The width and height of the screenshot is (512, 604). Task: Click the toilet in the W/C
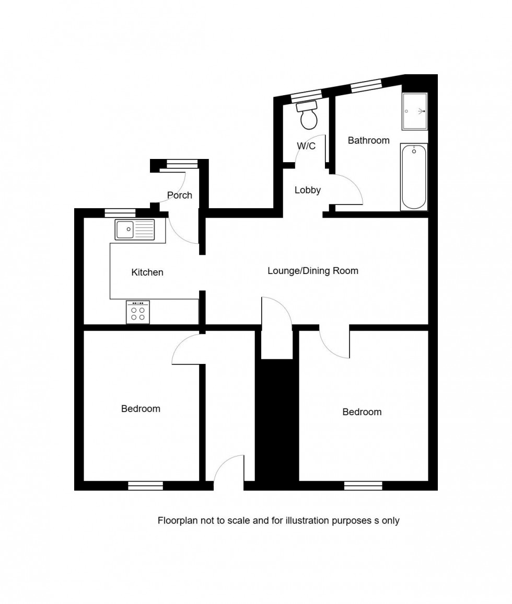pos(308,117)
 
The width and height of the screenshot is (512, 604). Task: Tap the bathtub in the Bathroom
pos(414,177)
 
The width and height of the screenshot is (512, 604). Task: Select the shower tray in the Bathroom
pos(415,111)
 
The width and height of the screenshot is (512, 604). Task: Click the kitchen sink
pos(135,229)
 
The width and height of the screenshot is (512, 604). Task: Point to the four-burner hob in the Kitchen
pos(138,312)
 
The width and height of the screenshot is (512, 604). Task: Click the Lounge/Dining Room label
pos(313,271)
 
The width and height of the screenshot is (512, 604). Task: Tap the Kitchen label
pos(147,272)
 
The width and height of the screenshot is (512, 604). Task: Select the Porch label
pos(180,195)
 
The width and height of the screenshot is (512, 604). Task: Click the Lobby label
pos(307,190)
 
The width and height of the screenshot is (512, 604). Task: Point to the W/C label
pos(306,146)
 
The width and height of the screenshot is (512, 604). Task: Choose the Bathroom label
pos(369,140)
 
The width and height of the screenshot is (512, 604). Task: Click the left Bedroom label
pos(141,408)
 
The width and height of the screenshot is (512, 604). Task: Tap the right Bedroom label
pos(362,412)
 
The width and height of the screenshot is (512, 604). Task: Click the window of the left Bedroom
pos(146,486)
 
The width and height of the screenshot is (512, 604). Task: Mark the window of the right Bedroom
pos(363,486)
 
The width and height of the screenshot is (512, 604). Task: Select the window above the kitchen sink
pos(120,212)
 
